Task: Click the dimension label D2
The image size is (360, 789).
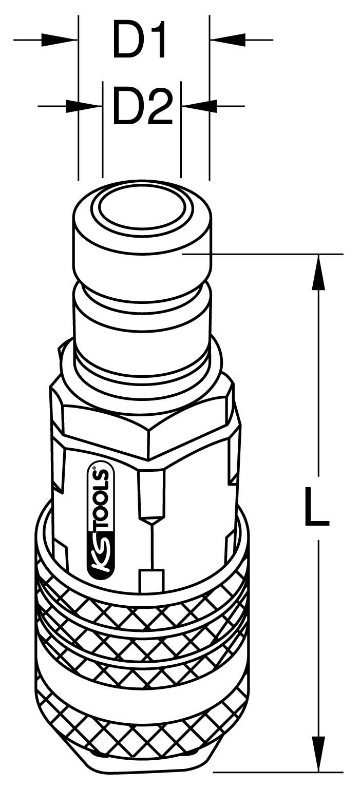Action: click(142, 107)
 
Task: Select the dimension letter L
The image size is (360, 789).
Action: click(316, 507)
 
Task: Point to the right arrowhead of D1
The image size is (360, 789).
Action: click(229, 39)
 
